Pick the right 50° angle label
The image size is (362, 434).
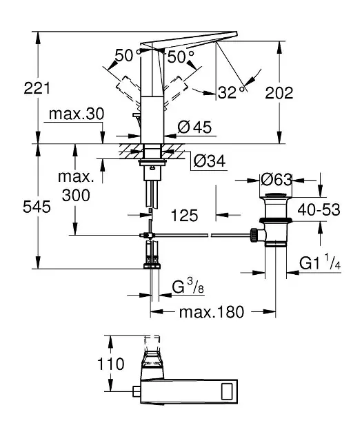[181, 56]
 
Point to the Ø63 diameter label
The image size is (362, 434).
[276, 180]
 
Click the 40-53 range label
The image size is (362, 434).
[319, 210]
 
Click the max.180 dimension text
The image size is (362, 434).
[212, 312]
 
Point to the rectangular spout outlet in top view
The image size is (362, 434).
[234, 393]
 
